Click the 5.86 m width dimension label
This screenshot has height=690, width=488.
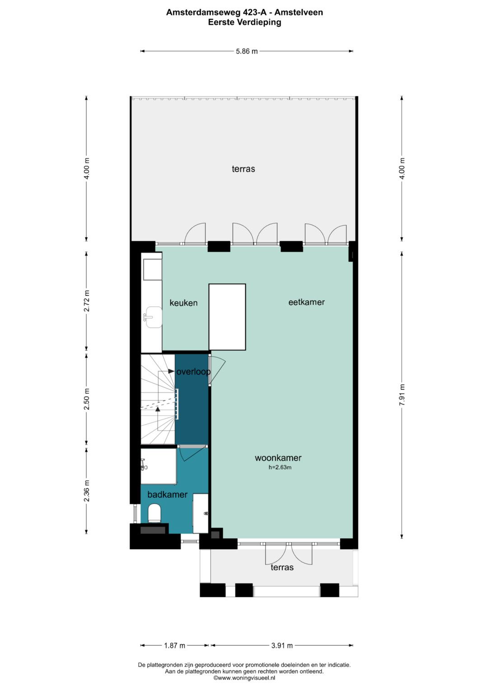tap(246, 52)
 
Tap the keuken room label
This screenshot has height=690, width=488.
tap(183, 303)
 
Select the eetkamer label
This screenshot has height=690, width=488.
tap(306, 302)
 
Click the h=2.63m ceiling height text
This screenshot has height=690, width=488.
tap(280, 467)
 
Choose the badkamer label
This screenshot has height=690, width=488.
tap(167, 495)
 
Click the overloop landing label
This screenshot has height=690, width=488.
tap(193, 372)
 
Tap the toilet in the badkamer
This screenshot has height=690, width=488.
tap(155, 513)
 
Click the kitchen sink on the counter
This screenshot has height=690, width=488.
tap(154, 317)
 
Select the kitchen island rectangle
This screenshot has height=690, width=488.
tap(227, 317)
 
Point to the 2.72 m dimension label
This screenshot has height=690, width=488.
tap(87, 300)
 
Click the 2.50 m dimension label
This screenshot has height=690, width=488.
tap(87, 399)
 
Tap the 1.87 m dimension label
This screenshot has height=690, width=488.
tap(174, 645)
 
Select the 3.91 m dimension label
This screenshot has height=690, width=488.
tap(282, 645)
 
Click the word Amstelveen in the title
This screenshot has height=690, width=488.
tap(299, 12)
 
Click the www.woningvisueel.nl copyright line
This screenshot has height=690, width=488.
tap(244, 678)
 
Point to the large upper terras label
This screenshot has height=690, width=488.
tap(244, 169)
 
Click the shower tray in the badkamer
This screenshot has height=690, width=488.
tap(158, 466)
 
